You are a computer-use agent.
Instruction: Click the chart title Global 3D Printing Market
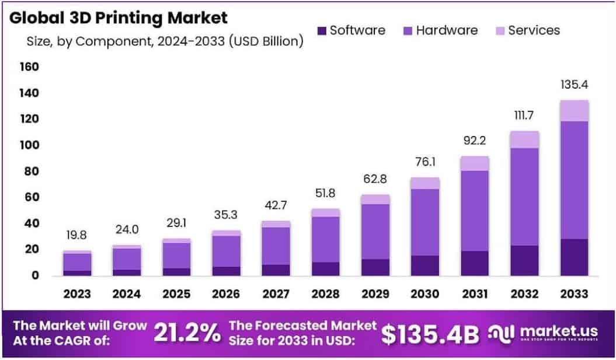point(119,18)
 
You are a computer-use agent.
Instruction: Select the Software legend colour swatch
point(321,30)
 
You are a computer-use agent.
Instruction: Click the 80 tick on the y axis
point(31,172)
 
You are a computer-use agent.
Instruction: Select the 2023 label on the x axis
point(77,294)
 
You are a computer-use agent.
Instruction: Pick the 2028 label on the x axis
point(325,294)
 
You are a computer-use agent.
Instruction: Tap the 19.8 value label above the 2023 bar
point(77,236)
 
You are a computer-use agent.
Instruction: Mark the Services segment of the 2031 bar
point(474,163)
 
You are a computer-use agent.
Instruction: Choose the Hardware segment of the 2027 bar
point(276,246)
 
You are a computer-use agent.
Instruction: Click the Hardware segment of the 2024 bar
point(127,259)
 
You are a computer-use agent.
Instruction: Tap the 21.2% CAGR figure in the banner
point(187,333)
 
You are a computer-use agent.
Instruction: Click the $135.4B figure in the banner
point(430,333)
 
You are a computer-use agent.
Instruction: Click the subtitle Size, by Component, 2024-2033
point(165,41)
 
